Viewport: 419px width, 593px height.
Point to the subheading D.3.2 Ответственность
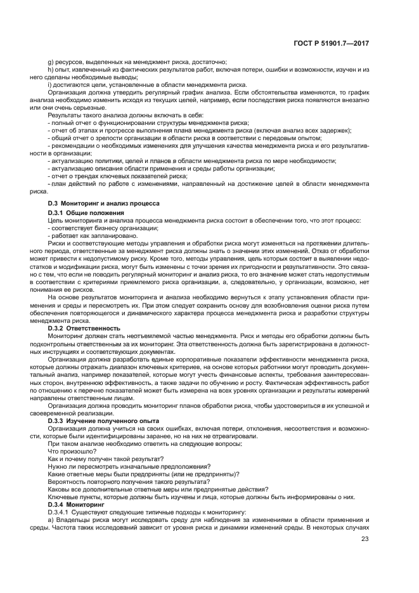coord(84,328)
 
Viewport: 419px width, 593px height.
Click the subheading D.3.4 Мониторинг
coord(78,505)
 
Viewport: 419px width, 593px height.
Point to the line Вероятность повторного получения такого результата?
coord(122,481)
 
